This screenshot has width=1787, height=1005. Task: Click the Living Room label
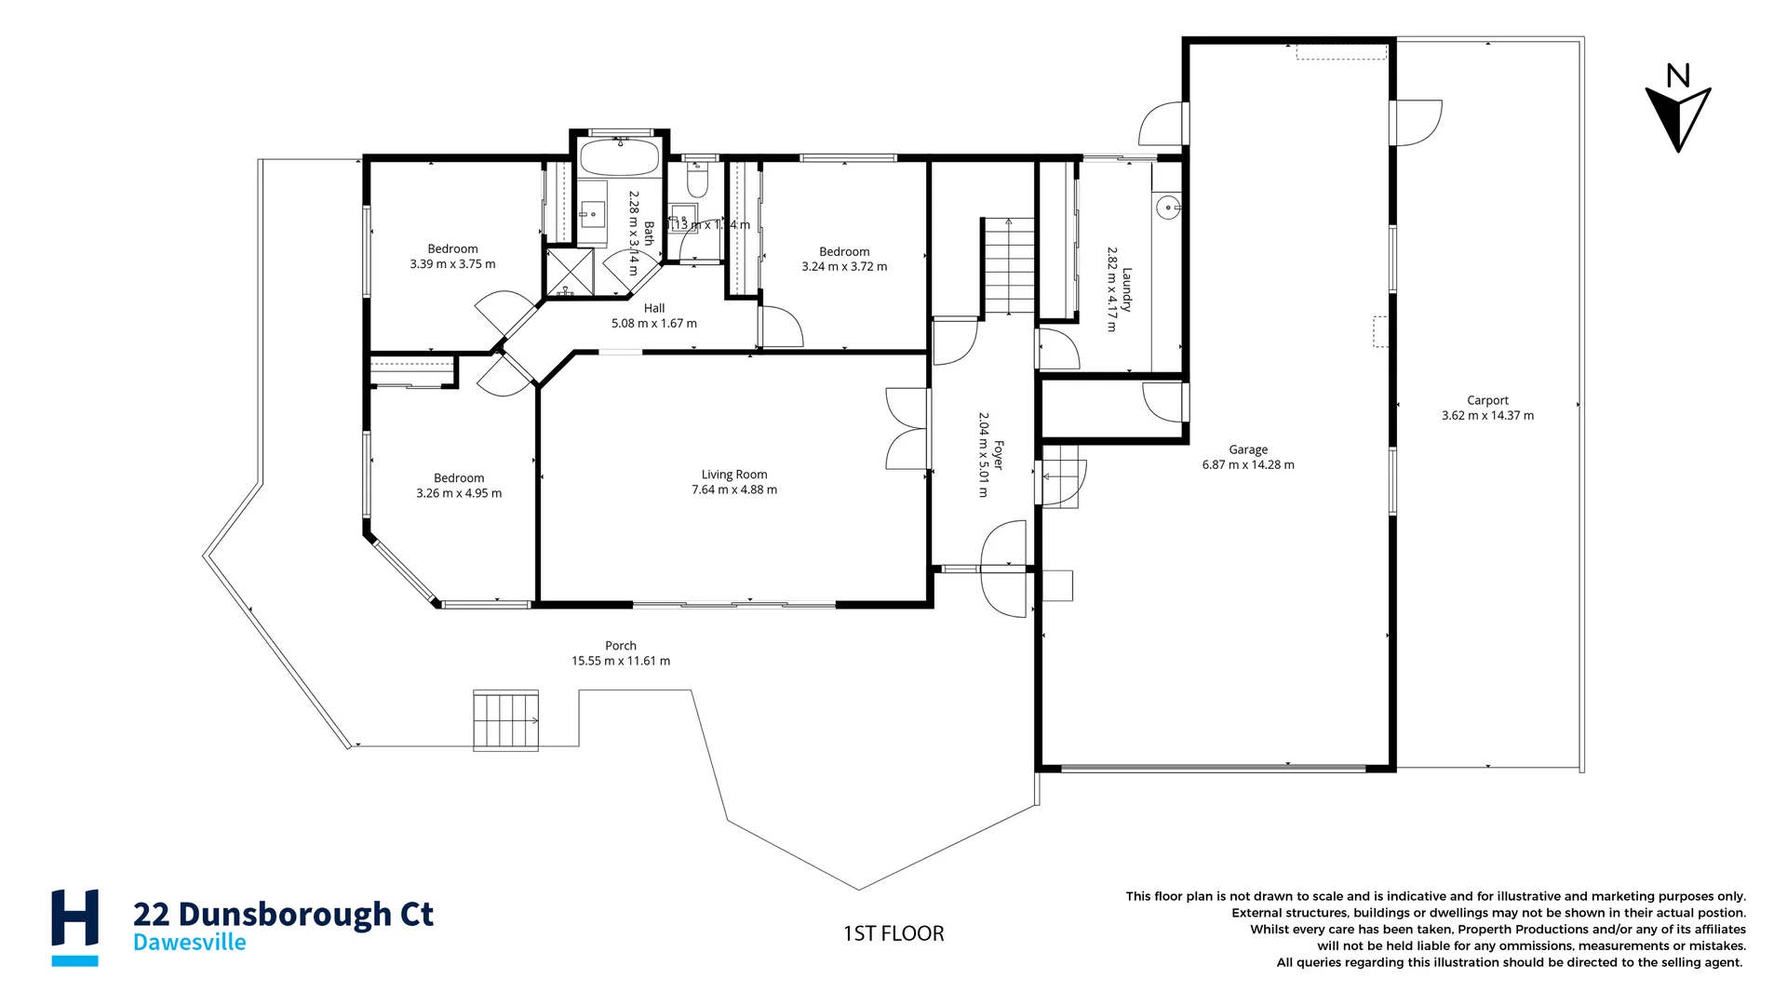pos(733,475)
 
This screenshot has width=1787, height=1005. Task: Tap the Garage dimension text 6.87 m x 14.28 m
pos(1247,465)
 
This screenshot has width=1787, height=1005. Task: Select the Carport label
pos(1487,400)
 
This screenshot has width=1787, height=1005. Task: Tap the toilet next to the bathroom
pos(698,180)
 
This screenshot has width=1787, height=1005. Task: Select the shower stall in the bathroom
pos(570,273)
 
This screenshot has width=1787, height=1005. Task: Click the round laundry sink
pos(1167,207)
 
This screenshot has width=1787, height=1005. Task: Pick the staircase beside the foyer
pos(1009,265)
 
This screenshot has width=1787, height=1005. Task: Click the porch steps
pos(505,720)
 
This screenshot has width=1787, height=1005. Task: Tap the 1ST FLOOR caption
pos(893,933)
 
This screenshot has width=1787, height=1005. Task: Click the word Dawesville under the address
pos(190,943)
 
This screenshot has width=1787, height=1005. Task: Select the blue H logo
pos(74,927)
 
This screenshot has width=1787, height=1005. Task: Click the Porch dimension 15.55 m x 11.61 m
pos(621,661)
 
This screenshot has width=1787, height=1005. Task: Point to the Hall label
pos(654,308)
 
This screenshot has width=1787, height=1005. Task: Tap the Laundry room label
pos(1126,289)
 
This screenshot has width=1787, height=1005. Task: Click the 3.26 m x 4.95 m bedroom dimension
pos(459,493)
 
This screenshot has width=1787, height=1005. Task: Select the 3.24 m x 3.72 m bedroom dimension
pos(844,267)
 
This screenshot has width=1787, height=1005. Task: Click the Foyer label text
pos(998,455)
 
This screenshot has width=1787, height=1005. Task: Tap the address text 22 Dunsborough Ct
pos(283,914)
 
